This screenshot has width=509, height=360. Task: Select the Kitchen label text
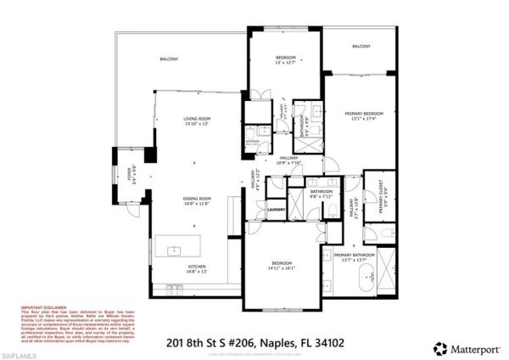(197, 268)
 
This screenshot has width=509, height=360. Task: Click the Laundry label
(275, 208)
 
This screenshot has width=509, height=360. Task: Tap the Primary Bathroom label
(355, 255)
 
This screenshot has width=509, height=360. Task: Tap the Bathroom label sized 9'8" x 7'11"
(322, 192)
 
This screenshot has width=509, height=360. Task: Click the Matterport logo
(463, 347)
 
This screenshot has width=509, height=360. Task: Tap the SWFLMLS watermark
(24, 347)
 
